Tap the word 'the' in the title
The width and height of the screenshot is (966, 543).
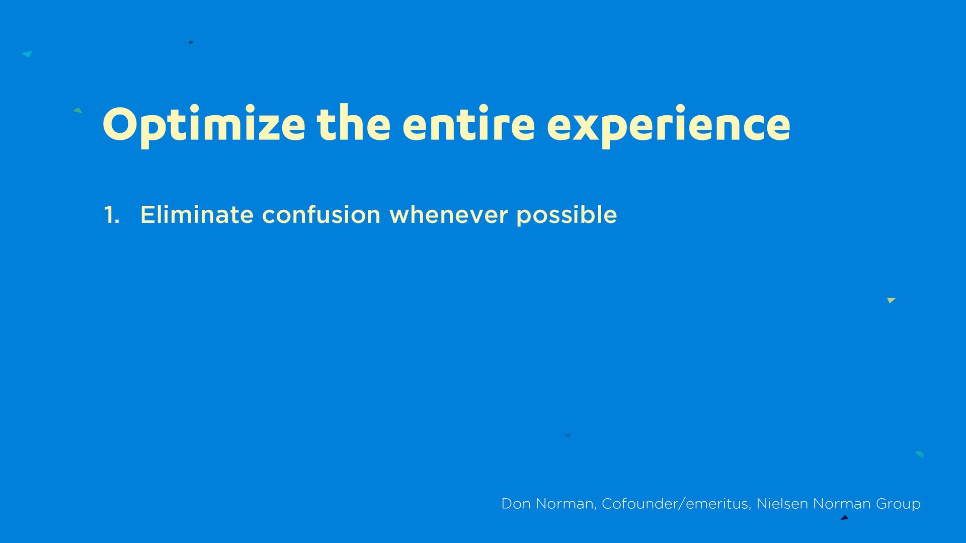(354, 123)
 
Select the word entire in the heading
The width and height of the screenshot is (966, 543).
(468, 123)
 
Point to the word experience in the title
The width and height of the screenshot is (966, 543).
(669, 126)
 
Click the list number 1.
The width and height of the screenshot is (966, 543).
(112, 215)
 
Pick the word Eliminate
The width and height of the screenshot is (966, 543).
(197, 214)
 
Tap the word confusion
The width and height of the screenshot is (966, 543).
(321, 214)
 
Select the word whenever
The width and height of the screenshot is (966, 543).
(449, 214)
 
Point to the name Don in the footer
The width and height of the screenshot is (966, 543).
(516, 504)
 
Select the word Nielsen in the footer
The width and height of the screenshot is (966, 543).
(782, 504)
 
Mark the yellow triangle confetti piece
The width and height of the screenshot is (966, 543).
(891, 300)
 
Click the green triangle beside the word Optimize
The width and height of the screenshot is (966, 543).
(78, 110)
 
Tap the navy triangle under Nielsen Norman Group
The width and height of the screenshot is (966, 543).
(845, 517)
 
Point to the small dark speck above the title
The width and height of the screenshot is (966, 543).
(191, 42)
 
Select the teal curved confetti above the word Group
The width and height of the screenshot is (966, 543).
(919, 454)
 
